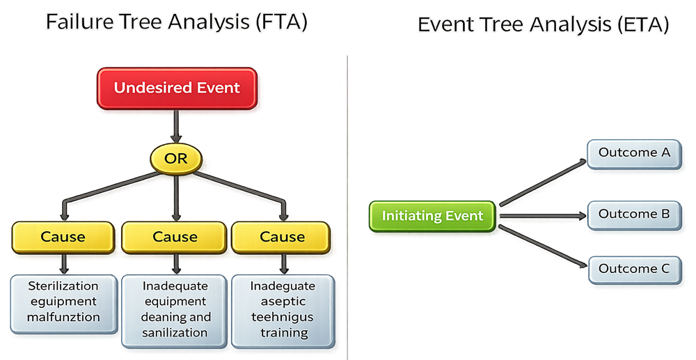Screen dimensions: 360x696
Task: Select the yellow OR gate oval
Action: [176, 159]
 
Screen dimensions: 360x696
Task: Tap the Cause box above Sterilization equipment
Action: [63, 237]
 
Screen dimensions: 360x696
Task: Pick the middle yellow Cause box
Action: [175, 237]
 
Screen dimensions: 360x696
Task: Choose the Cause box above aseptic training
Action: [282, 237]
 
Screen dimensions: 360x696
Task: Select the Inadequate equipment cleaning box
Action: [175, 310]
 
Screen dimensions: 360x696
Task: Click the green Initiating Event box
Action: [432, 216]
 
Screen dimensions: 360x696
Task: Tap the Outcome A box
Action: [633, 153]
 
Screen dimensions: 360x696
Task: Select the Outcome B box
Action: [633, 214]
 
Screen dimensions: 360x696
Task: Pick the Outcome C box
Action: [633, 269]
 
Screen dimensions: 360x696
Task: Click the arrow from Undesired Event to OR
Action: [176, 129]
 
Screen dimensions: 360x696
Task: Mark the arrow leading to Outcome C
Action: [543, 244]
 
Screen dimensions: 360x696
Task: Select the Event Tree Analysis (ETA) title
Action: [543, 25]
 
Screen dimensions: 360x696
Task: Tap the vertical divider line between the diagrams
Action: [347, 209]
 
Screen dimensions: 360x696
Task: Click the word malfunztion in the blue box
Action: [63, 318]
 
